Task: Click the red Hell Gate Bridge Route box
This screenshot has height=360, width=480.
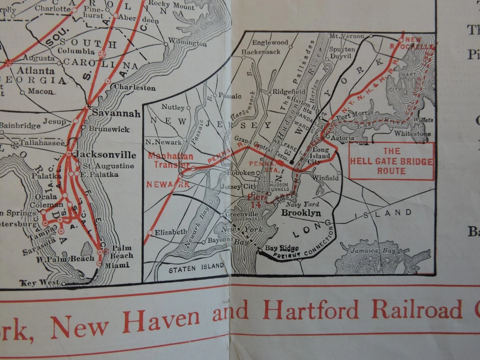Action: click(x=392, y=161)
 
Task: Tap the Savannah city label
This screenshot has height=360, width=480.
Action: click(x=116, y=114)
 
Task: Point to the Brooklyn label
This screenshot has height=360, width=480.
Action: click(x=301, y=213)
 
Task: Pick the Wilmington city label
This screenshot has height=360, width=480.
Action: click(x=187, y=43)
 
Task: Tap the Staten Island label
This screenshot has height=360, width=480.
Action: click(x=196, y=268)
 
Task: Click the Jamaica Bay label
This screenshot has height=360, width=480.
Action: click(x=374, y=251)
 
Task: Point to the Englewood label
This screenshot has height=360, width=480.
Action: click(x=270, y=42)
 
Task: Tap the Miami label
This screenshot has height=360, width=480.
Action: click(x=118, y=265)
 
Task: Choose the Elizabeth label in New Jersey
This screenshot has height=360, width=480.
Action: click(x=171, y=232)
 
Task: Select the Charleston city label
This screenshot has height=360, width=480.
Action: click(x=135, y=87)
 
